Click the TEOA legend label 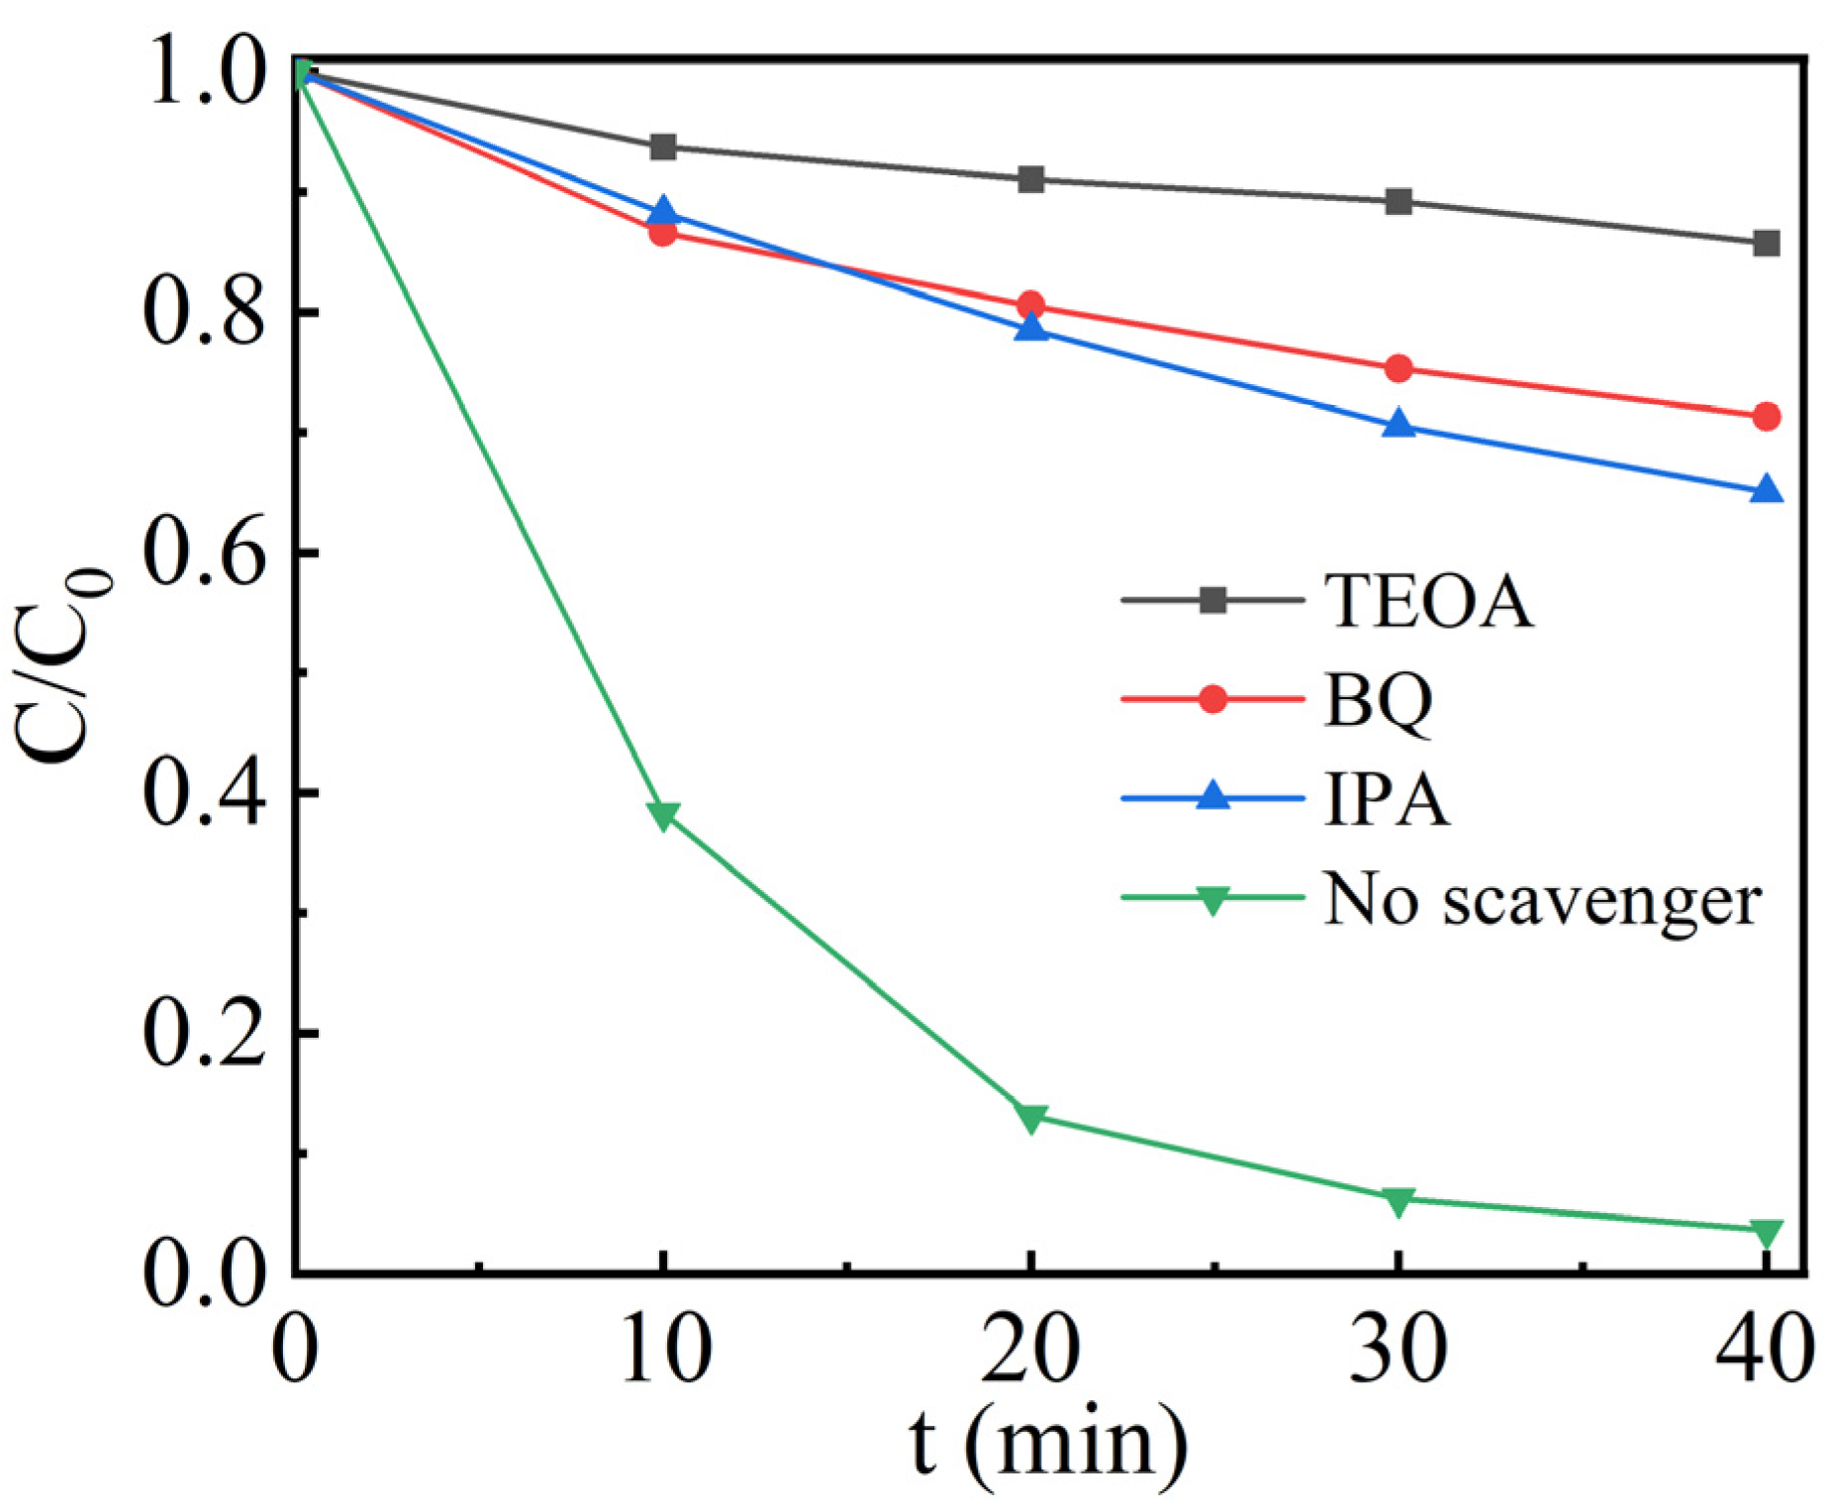point(1428,600)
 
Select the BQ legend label point(1378,701)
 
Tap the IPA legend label point(1386,799)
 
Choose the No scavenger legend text point(1542,900)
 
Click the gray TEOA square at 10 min point(663,148)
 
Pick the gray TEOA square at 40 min point(1766,244)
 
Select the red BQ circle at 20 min point(1030,305)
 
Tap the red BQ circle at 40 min point(1766,417)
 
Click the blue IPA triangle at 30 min point(1399,425)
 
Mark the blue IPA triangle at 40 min point(1766,490)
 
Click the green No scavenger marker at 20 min point(1030,1118)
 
